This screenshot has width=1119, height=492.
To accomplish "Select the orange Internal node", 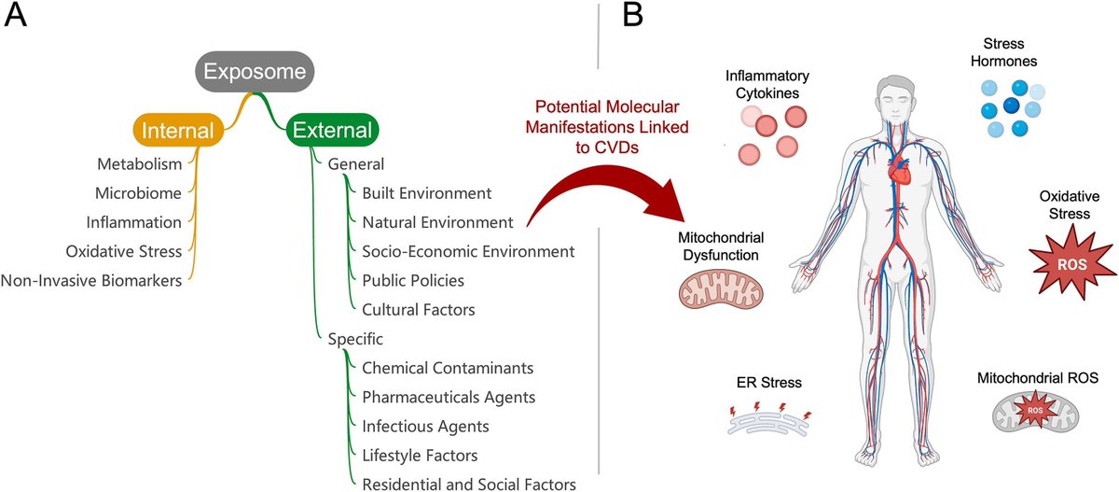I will [179, 130].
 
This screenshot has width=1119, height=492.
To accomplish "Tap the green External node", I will [333, 130].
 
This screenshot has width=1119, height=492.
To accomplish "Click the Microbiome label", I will [138, 193].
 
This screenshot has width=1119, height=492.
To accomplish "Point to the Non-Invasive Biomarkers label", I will [91, 279].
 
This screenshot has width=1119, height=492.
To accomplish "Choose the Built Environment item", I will [426, 193].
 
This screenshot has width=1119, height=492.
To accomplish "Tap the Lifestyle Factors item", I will [420, 455].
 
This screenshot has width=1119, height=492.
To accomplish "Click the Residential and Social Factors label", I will [468, 484].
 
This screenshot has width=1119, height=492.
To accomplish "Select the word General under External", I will [356, 164].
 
